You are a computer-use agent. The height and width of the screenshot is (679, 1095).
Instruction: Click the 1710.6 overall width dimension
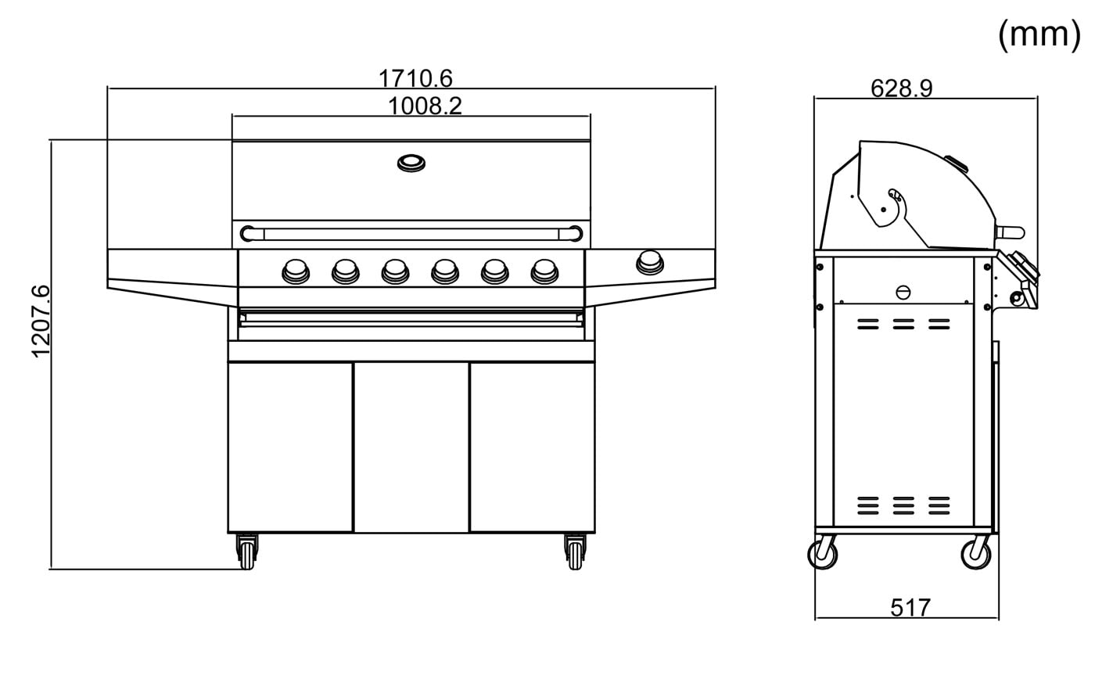click(415, 78)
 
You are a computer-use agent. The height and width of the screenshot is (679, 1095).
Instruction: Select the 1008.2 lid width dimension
click(425, 106)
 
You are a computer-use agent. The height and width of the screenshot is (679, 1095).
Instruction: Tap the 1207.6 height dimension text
click(41, 322)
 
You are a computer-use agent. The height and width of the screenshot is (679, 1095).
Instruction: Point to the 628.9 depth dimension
click(901, 88)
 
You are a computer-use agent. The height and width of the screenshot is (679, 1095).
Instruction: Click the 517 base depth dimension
click(910, 608)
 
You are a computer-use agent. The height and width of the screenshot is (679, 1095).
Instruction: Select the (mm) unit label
click(1039, 34)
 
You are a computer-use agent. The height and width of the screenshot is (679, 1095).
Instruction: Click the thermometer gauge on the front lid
click(411, 163)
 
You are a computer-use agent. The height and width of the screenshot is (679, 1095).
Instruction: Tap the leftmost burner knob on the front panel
click(296, 271)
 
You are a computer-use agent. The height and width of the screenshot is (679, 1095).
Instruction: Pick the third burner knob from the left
click(395, 271)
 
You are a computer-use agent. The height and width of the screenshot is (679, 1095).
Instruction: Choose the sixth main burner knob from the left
click(544, 271)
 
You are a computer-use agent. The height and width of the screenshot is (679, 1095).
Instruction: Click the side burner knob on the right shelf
click(650, 263)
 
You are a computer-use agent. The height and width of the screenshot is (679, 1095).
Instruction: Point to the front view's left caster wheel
click(247, 552)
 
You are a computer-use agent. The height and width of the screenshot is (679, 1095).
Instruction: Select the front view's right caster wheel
click(576, 552)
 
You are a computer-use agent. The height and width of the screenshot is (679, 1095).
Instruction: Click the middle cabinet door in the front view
click(411, 447)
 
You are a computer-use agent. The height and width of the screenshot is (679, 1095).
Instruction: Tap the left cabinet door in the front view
click(290, 447)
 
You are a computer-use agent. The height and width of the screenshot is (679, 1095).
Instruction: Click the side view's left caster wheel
click(823, 555)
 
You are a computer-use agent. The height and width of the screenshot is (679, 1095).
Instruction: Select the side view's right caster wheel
click(976, 555)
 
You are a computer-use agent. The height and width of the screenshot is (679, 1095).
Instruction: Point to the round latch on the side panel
click(903, 293)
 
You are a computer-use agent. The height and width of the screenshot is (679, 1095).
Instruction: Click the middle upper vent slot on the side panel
click(903, 324)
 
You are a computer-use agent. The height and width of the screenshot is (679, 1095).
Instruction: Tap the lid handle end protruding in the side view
click(1011, 232)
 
